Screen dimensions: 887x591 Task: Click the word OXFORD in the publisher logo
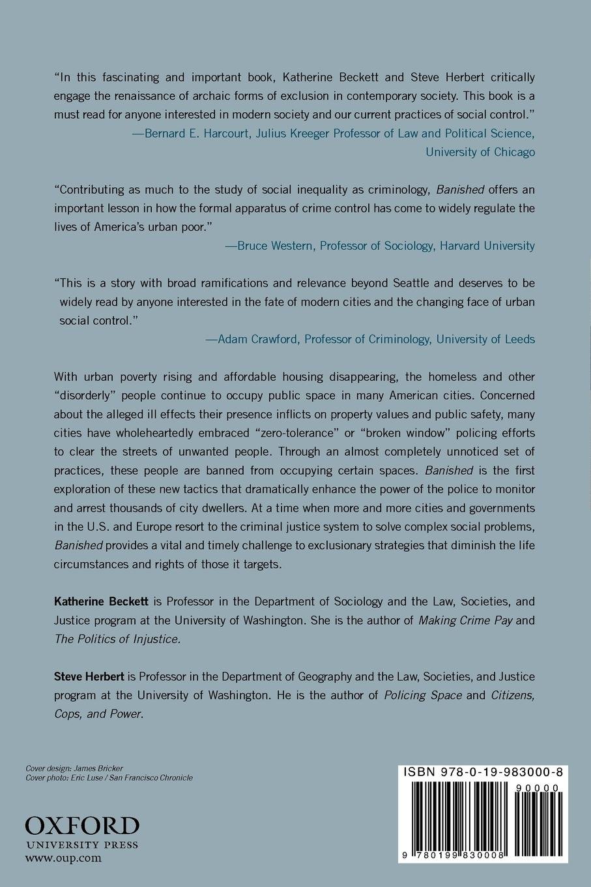point(82,826)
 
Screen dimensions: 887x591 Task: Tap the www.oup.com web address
point(63,858)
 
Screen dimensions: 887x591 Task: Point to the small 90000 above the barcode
point(536,788)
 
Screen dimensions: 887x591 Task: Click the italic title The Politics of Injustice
point(117,639)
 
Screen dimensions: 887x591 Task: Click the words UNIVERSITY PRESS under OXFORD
point(81,845)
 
